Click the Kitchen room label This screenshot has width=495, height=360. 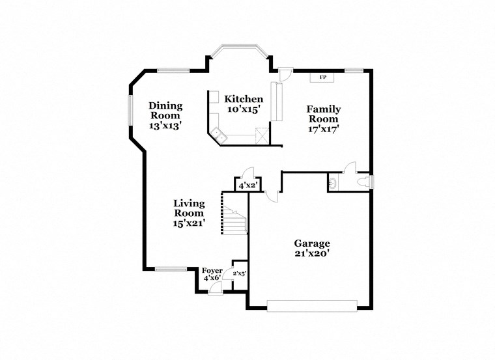point(244,99)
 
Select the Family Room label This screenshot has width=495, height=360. point(323,114)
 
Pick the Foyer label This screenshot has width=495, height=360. point(212,270)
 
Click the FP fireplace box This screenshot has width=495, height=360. point(322,78)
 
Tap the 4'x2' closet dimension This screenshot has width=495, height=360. point(249,186)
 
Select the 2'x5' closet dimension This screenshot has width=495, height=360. point(240,273)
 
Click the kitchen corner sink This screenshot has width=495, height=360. point(219,135)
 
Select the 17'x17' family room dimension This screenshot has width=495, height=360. point(323,129)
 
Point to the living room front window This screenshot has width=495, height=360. point(171,268)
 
